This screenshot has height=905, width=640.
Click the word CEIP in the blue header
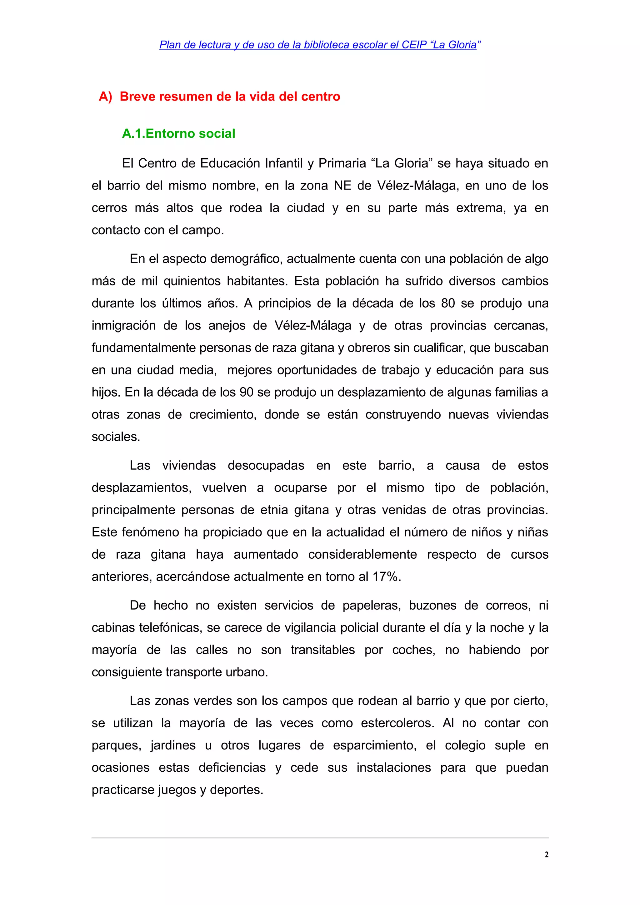[x=414, y=45]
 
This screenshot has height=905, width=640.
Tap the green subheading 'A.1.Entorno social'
[x=179, y=134]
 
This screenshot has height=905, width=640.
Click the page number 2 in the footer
[x=546, y=854]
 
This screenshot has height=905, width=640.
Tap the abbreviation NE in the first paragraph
[x=343, y=185]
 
